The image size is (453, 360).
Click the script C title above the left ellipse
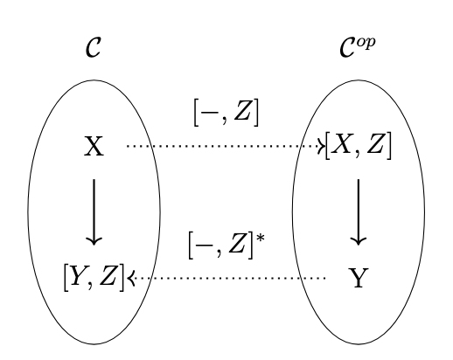tap(94, 47)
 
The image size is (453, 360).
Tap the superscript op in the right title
tap(366, 44)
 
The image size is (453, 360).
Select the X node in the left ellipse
tap(94, 146)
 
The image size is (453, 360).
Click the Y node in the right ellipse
tap(359, 278)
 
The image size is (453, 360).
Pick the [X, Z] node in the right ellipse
tap(359, 146)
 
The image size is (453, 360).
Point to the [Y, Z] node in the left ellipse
tap(94, 278)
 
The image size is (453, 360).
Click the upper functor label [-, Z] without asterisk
tap(226, 113)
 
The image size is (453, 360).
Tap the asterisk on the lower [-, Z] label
tap(261, 238)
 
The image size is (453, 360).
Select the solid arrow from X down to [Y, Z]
tap(94, 212)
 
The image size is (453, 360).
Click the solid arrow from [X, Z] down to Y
tap(359, 212)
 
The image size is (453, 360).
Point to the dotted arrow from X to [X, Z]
tap(226, 146)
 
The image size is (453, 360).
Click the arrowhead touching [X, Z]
tap(321, 146)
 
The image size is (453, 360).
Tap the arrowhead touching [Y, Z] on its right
tap(131, 278)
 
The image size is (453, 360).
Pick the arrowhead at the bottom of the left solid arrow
tap(94, 242)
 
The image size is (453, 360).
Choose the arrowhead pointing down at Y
tap(359, 242)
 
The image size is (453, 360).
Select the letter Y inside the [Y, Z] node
tap(79, 276)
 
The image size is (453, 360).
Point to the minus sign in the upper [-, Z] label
tap(210, 113)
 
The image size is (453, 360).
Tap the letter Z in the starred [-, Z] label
tap(237, 243)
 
